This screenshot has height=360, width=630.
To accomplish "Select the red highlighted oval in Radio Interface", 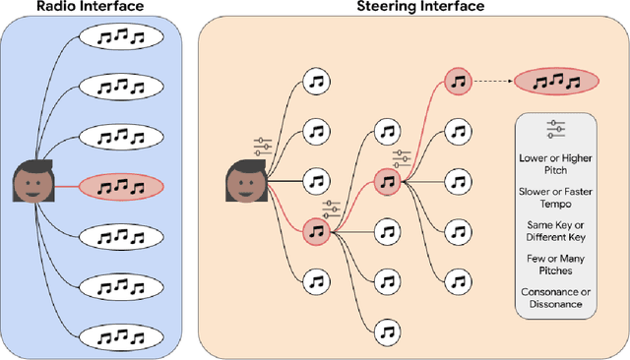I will tap(121, 184).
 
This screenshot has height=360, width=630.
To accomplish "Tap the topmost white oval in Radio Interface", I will tap(121, 37).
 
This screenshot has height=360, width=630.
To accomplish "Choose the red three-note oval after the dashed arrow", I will tap(558, 82).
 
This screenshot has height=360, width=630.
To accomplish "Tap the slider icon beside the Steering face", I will tap(263, 147).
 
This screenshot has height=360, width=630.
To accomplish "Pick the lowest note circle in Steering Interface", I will tap(388, 330).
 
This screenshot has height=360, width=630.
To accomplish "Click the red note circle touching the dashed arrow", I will tap(457, 82).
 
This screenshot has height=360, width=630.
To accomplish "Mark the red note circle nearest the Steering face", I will tap(315, 231).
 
